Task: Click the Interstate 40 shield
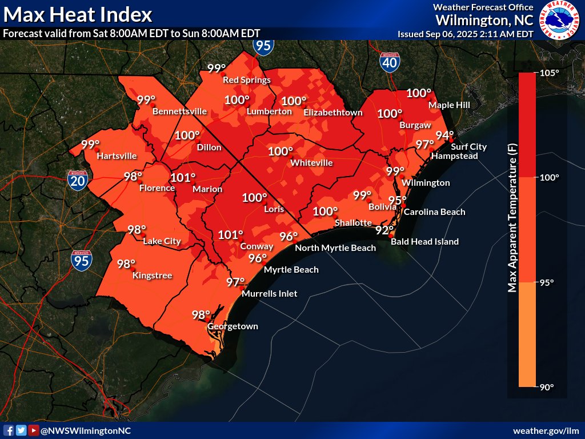click(389, 62)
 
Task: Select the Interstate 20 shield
click(78, 180)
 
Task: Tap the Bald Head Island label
click(424, 242)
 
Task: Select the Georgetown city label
click(233, 326)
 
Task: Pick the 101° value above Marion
click(183, 178)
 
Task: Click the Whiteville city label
click(311, 163)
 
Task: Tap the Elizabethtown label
click(333, 113)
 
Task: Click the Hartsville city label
click(117, 155)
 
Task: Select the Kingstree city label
click(153, 276)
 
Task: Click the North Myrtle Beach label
click(335, 248)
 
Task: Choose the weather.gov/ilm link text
click(546, 430)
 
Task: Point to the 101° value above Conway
click(231, 234)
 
